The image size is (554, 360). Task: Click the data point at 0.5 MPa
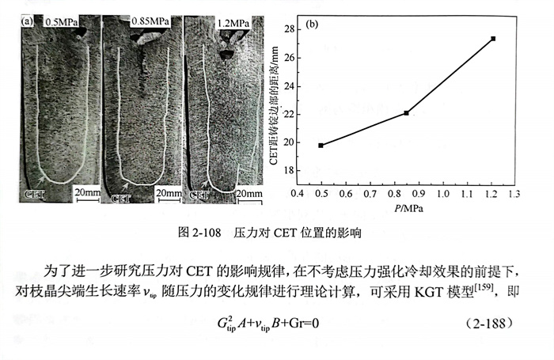(321, 146)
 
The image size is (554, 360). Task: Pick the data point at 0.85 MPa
(406, 113)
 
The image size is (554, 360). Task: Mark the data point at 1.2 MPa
(493, 39)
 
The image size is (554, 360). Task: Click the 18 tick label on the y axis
(289, 170)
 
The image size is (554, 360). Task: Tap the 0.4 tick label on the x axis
(297, 193)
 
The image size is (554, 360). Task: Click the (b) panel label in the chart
(310, 24)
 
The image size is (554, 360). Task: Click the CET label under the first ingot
(34, 192)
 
